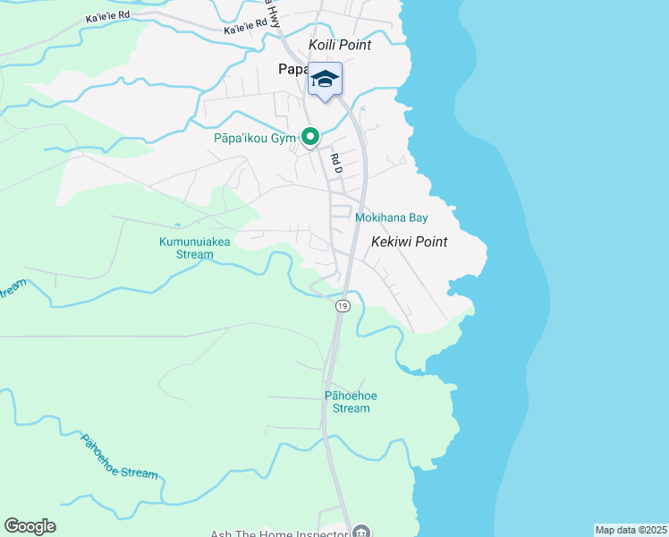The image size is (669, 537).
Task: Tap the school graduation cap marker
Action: [326, 79]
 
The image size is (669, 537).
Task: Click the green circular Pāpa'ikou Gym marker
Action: [310, 137]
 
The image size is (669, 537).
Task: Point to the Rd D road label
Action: [337, 162]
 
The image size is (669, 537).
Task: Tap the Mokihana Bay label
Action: [391, 217]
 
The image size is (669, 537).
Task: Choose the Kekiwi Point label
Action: [409, 242]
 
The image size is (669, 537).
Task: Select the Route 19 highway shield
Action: [342, 306]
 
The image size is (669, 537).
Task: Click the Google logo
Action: [30, 526]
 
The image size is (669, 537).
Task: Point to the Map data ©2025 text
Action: [631, 530]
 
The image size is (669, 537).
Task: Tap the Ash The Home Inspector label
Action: [278, 533]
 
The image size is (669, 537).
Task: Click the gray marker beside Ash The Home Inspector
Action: [360, 532]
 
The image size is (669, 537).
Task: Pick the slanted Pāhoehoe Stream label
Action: [119, 457]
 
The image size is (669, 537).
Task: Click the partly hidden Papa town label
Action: [292, 70]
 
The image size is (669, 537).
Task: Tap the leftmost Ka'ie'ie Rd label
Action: [107, 16]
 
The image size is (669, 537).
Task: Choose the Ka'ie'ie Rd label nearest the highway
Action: [245, 29]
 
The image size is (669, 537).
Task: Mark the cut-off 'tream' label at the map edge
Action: [12, 289]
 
